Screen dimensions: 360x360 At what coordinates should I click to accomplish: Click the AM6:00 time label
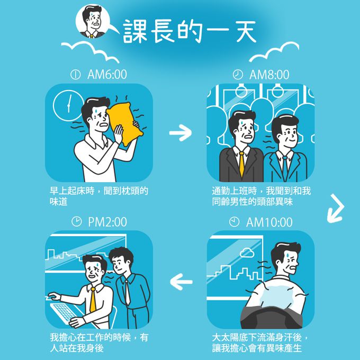point(107,75)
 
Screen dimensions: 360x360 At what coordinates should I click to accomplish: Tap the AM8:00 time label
point(269,75)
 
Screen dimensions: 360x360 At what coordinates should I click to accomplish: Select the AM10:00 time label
point(269,222)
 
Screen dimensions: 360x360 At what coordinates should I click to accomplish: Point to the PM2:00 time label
point(107,222)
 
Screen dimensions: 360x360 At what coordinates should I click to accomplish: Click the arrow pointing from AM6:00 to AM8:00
point(181,133)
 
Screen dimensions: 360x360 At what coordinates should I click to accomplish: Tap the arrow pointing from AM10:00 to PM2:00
point(181,282)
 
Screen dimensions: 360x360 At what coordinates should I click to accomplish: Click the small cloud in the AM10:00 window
point(247,253)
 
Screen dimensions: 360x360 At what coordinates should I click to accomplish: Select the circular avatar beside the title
point(93,21)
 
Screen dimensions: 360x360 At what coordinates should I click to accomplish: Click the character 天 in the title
point(246,31)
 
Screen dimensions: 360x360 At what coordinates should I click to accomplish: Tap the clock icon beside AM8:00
point(238,75)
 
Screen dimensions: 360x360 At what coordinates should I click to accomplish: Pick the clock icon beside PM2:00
point(76,221)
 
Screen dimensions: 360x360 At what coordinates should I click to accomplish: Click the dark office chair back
point(271,318)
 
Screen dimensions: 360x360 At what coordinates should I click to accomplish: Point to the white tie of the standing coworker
point(127,292)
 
